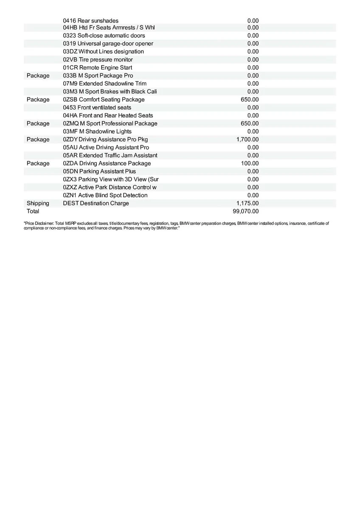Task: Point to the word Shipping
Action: coord(38,203)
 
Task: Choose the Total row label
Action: coord(33,211)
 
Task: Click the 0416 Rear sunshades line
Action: coord(91,21)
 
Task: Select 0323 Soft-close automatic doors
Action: coord(104,36)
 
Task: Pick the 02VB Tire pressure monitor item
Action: coord(98,60)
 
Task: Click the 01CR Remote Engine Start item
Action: coord(98,68)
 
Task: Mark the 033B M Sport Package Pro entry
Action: coord(98,76)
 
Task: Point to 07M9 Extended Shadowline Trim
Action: coord(105,84)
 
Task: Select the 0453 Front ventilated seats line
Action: coord(97,107)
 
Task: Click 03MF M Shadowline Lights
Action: coord(97,131)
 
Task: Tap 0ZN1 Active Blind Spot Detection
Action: coord(105,195)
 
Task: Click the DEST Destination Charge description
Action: coord(96,203)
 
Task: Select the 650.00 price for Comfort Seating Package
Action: coord(250,100)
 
